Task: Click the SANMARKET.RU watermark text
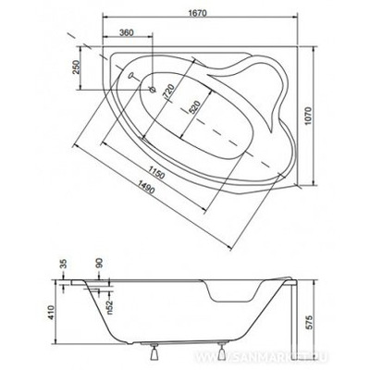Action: click(277, 352)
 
